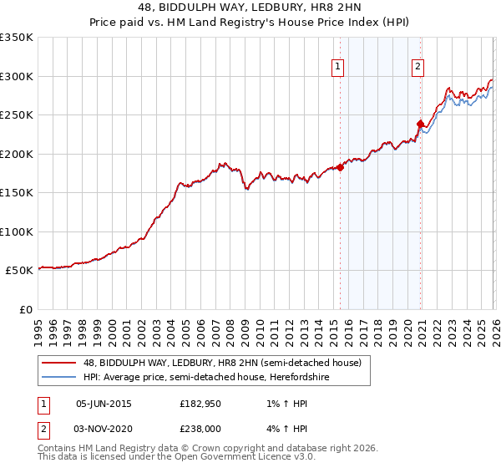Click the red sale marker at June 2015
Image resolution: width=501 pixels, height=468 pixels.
point(341,167)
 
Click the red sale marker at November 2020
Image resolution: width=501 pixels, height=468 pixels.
point(420,125)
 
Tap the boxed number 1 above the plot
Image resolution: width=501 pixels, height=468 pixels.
point(338,68)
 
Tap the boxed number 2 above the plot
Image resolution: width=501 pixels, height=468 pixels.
point(417,68)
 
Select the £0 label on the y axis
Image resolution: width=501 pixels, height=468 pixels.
point(25,310)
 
